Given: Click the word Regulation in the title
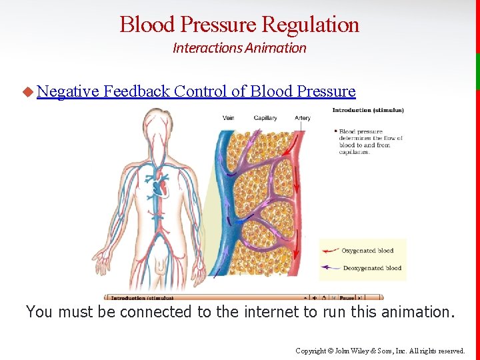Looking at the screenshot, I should (x=311, y=25).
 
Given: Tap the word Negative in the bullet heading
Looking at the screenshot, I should (x=68, y=91).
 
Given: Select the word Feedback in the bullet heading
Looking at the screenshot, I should (x=137, y=91).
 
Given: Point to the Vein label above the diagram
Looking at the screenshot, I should (x=228, y=118).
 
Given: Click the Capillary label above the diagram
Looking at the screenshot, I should (x=265, y=118).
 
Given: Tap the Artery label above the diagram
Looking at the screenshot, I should (x=303, y=118).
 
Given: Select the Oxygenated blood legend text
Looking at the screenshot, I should (x=367, y=251).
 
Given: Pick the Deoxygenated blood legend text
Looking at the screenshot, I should (x=371, y=268).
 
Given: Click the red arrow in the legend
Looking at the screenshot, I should (x=331, y=251).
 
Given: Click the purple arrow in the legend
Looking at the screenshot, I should (x=331, y=268).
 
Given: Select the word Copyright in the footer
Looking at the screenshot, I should (x=308, y=351).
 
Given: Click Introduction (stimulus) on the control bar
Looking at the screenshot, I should (x=142, y=298).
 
